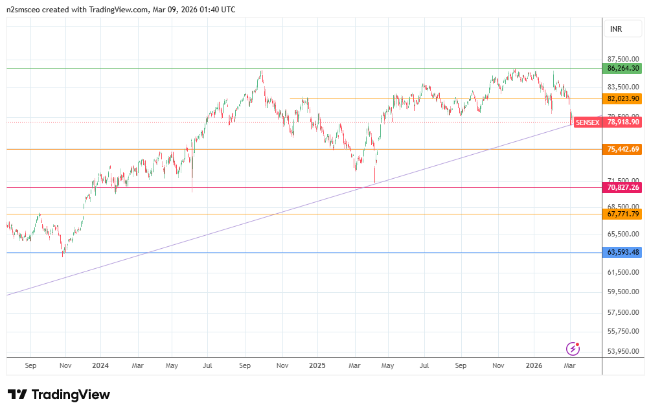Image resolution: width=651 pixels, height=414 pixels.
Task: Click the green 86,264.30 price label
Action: (x=623, y=68)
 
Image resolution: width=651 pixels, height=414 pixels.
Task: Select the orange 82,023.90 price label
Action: (x=623, y=98)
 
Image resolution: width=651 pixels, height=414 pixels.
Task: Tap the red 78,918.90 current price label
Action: (x=623, y=122)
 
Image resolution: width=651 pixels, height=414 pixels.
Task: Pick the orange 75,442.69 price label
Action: (x=623, y=149)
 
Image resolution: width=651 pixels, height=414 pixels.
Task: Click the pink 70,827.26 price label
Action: (x=623, y=187)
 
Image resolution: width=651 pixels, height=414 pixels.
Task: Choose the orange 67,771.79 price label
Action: (x=623, y=214)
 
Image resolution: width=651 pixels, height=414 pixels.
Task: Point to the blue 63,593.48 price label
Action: (x=623, y=252)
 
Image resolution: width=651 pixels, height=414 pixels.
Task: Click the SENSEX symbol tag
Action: (x=588, y=122)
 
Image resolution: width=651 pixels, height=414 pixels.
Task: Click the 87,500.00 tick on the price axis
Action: (x=623, y=59)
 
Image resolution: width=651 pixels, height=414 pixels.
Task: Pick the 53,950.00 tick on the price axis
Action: (x=623, y=351)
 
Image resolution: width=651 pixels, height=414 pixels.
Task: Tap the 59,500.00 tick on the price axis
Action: (x=623, y=292)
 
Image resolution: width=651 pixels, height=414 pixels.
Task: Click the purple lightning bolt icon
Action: (x=573, y=349)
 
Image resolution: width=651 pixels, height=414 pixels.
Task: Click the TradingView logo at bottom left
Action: (x=59, y=395)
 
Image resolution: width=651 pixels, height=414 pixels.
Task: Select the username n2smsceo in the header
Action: (x=24, y=10)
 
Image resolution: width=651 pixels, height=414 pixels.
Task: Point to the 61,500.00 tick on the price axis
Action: (x=623, y=273)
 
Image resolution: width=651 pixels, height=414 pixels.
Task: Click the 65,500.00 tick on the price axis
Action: (x=623, y=234)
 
